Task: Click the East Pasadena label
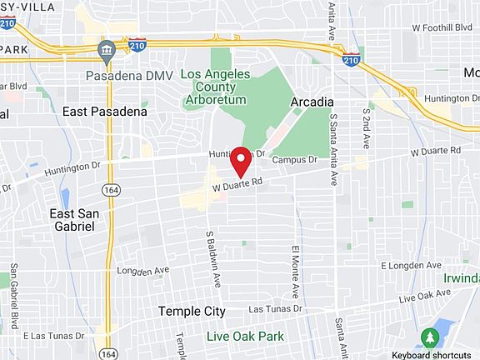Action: (105, 111)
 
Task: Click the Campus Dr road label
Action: (296, 159)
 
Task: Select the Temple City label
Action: (192, 311)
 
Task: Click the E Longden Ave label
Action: (409, 265)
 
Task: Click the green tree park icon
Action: (430, 337)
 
